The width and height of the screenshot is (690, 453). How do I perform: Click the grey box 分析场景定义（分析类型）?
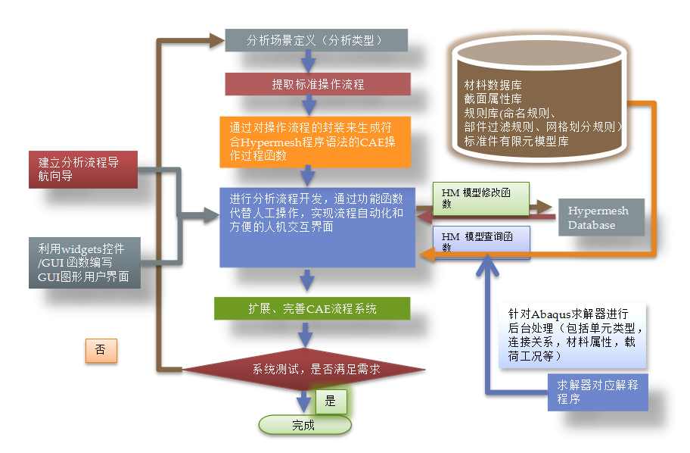316,40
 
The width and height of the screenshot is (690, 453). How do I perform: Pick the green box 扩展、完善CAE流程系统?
312,308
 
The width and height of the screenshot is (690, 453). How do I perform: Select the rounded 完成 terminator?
304,425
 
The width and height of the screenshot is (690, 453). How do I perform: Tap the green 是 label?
331,401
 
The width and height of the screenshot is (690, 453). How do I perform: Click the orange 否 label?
101,351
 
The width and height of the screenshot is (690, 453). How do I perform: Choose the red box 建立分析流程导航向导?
82,169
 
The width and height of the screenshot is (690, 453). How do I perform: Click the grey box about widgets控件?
82,263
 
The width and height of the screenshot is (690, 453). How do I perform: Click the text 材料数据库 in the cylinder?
493,86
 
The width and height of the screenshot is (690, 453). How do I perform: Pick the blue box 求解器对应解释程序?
598,392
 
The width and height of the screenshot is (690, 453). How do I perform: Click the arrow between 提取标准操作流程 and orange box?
307,105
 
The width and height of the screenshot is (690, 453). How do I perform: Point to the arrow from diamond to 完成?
304,401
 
